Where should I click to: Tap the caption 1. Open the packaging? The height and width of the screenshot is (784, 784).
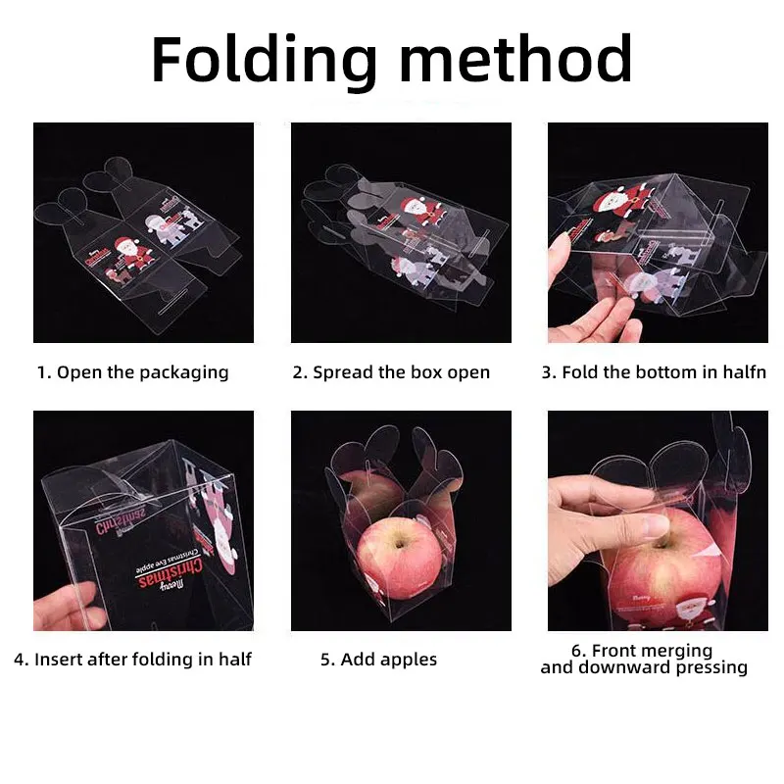click(132, 372)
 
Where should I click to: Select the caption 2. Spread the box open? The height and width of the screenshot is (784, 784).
click(391, 372)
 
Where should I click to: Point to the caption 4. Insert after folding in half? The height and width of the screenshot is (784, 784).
click(132, 660)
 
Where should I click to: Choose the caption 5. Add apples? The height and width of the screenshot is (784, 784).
click(378, 660)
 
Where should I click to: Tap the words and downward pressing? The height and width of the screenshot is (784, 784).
click(644, 668)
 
